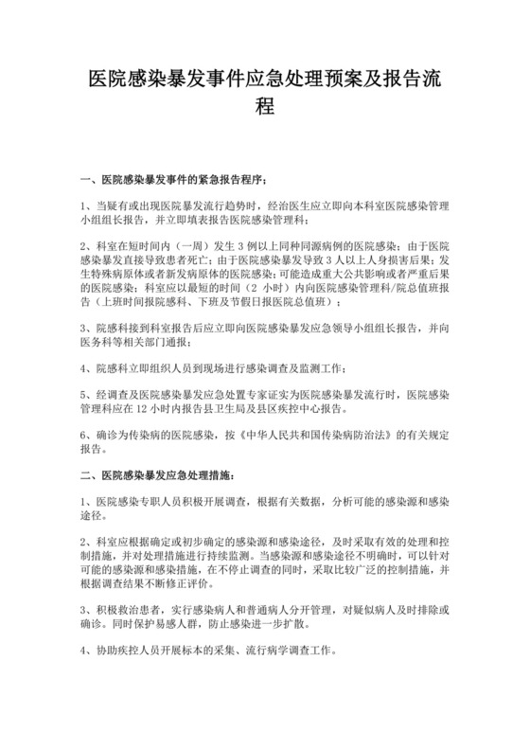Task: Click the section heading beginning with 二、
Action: pyautogui.click(x=156, y=473)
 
